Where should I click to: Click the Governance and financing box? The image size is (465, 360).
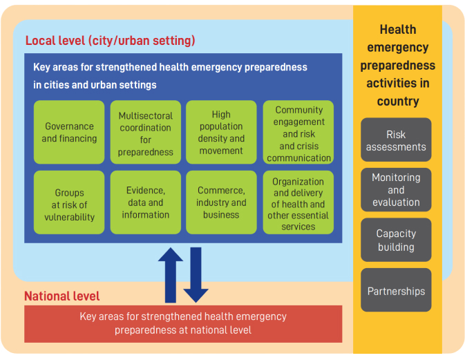coord(69,132)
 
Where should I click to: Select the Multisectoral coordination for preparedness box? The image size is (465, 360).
coord(146,132)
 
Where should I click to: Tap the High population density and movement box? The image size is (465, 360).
coord(221,132)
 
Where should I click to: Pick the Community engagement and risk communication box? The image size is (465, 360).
coord(298,132)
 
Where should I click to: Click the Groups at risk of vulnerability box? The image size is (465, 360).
coord(69,202)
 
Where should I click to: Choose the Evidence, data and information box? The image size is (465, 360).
coord(146,202)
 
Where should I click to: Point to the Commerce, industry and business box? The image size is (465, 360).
coord(221,202)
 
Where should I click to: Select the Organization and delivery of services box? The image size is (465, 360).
coord(298,202)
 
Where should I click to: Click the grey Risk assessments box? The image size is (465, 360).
coord(396,140)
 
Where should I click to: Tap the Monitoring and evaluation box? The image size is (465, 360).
coord(396,190)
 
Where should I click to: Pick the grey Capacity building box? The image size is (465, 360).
coord(396,240)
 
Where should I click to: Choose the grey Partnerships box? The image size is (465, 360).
coord(396,290)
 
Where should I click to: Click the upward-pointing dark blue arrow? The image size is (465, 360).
coord(171,275)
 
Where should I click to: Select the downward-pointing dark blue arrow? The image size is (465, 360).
coord(196,275)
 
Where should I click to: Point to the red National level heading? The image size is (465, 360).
coord(62,296)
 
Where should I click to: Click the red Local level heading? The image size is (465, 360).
coord(110,41)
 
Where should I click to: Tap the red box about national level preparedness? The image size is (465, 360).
coord(183,324)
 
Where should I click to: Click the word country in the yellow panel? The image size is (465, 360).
coord(398,102)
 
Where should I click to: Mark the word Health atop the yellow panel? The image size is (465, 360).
coord(398,30)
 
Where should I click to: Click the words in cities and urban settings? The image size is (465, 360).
coord(95,85)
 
